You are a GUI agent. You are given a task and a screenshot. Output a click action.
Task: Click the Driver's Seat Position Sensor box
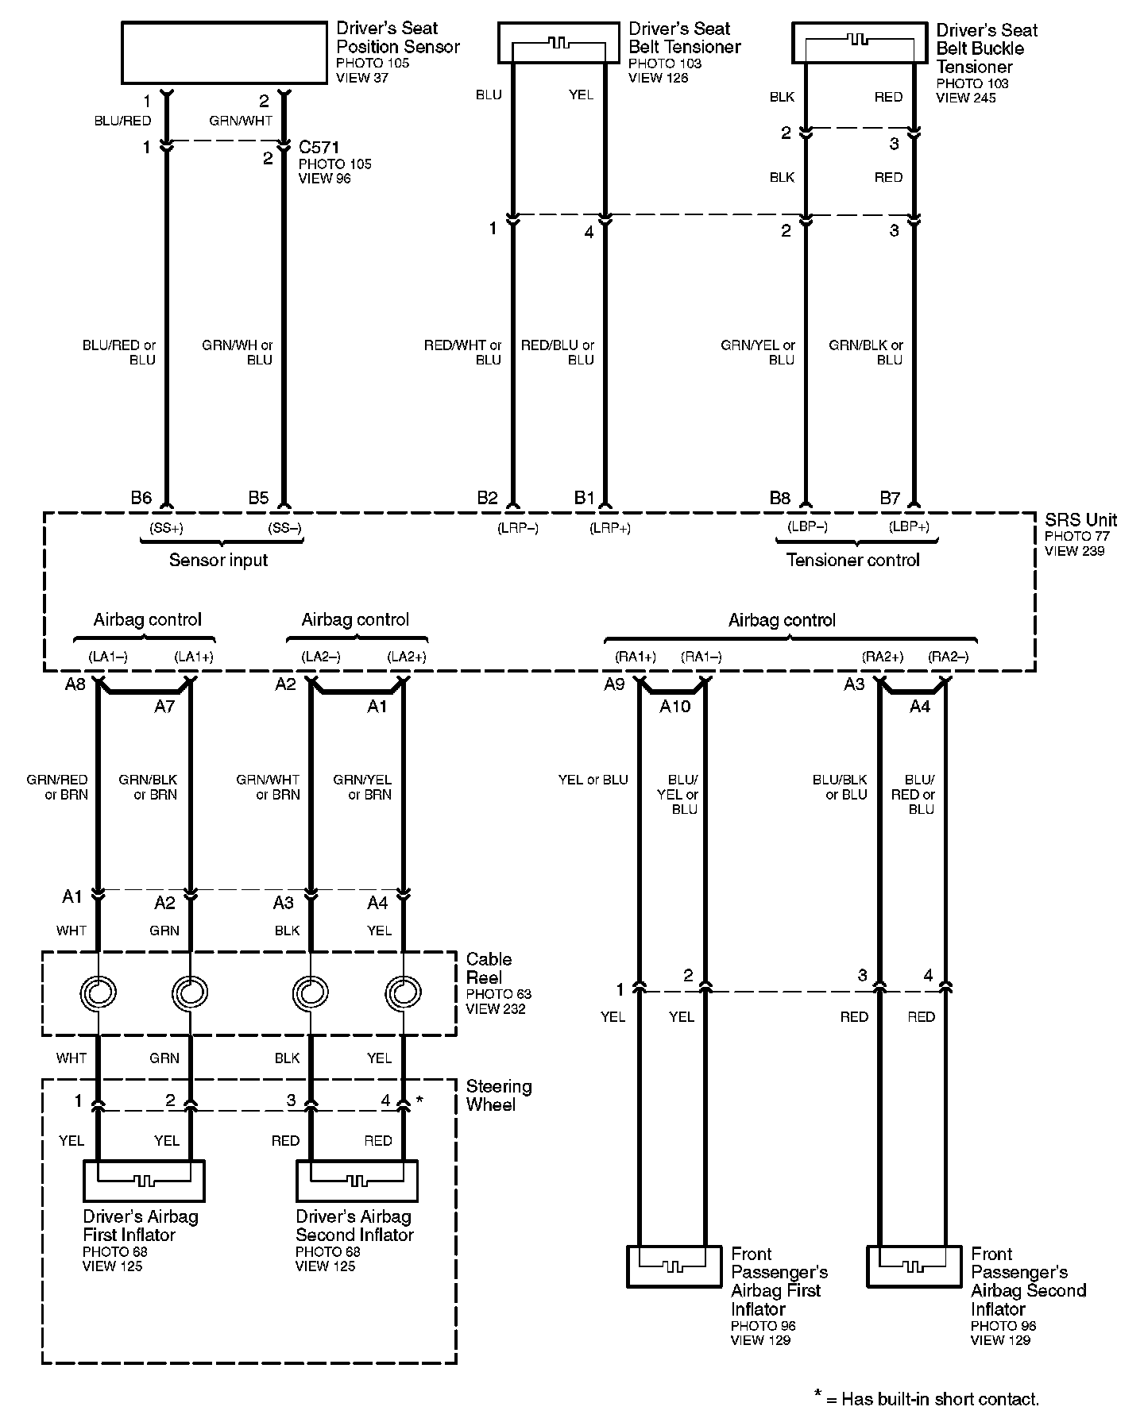click(224, 52)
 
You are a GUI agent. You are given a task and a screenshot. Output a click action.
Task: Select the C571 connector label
click(318, 147)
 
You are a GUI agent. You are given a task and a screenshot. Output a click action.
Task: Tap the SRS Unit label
click(1080, 521)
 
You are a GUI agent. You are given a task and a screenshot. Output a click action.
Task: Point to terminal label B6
click(141, 498)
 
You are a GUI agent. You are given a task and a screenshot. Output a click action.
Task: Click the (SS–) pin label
click(284, 527)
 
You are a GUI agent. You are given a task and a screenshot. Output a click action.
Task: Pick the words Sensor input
click(218, 561)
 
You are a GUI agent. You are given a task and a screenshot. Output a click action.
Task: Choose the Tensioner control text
click(852, 561)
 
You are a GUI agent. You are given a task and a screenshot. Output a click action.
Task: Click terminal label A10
click(675, 707)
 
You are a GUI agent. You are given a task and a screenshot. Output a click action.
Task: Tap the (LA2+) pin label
click(407, 657)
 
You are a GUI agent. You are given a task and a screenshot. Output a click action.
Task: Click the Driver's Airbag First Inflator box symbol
click(144, 1180)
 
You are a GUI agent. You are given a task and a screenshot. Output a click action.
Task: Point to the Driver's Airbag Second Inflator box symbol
click(357, 1180)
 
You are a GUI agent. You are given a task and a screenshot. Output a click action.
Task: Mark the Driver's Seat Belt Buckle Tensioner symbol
click(860, 42)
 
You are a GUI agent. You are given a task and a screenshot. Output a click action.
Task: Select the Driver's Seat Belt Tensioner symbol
click(558, 42)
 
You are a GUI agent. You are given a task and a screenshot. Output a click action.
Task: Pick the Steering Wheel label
click(498, 1096)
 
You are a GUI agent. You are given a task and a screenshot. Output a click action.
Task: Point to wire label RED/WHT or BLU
click(463, 353)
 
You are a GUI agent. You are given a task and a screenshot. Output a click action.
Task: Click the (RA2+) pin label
click(883, 657)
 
